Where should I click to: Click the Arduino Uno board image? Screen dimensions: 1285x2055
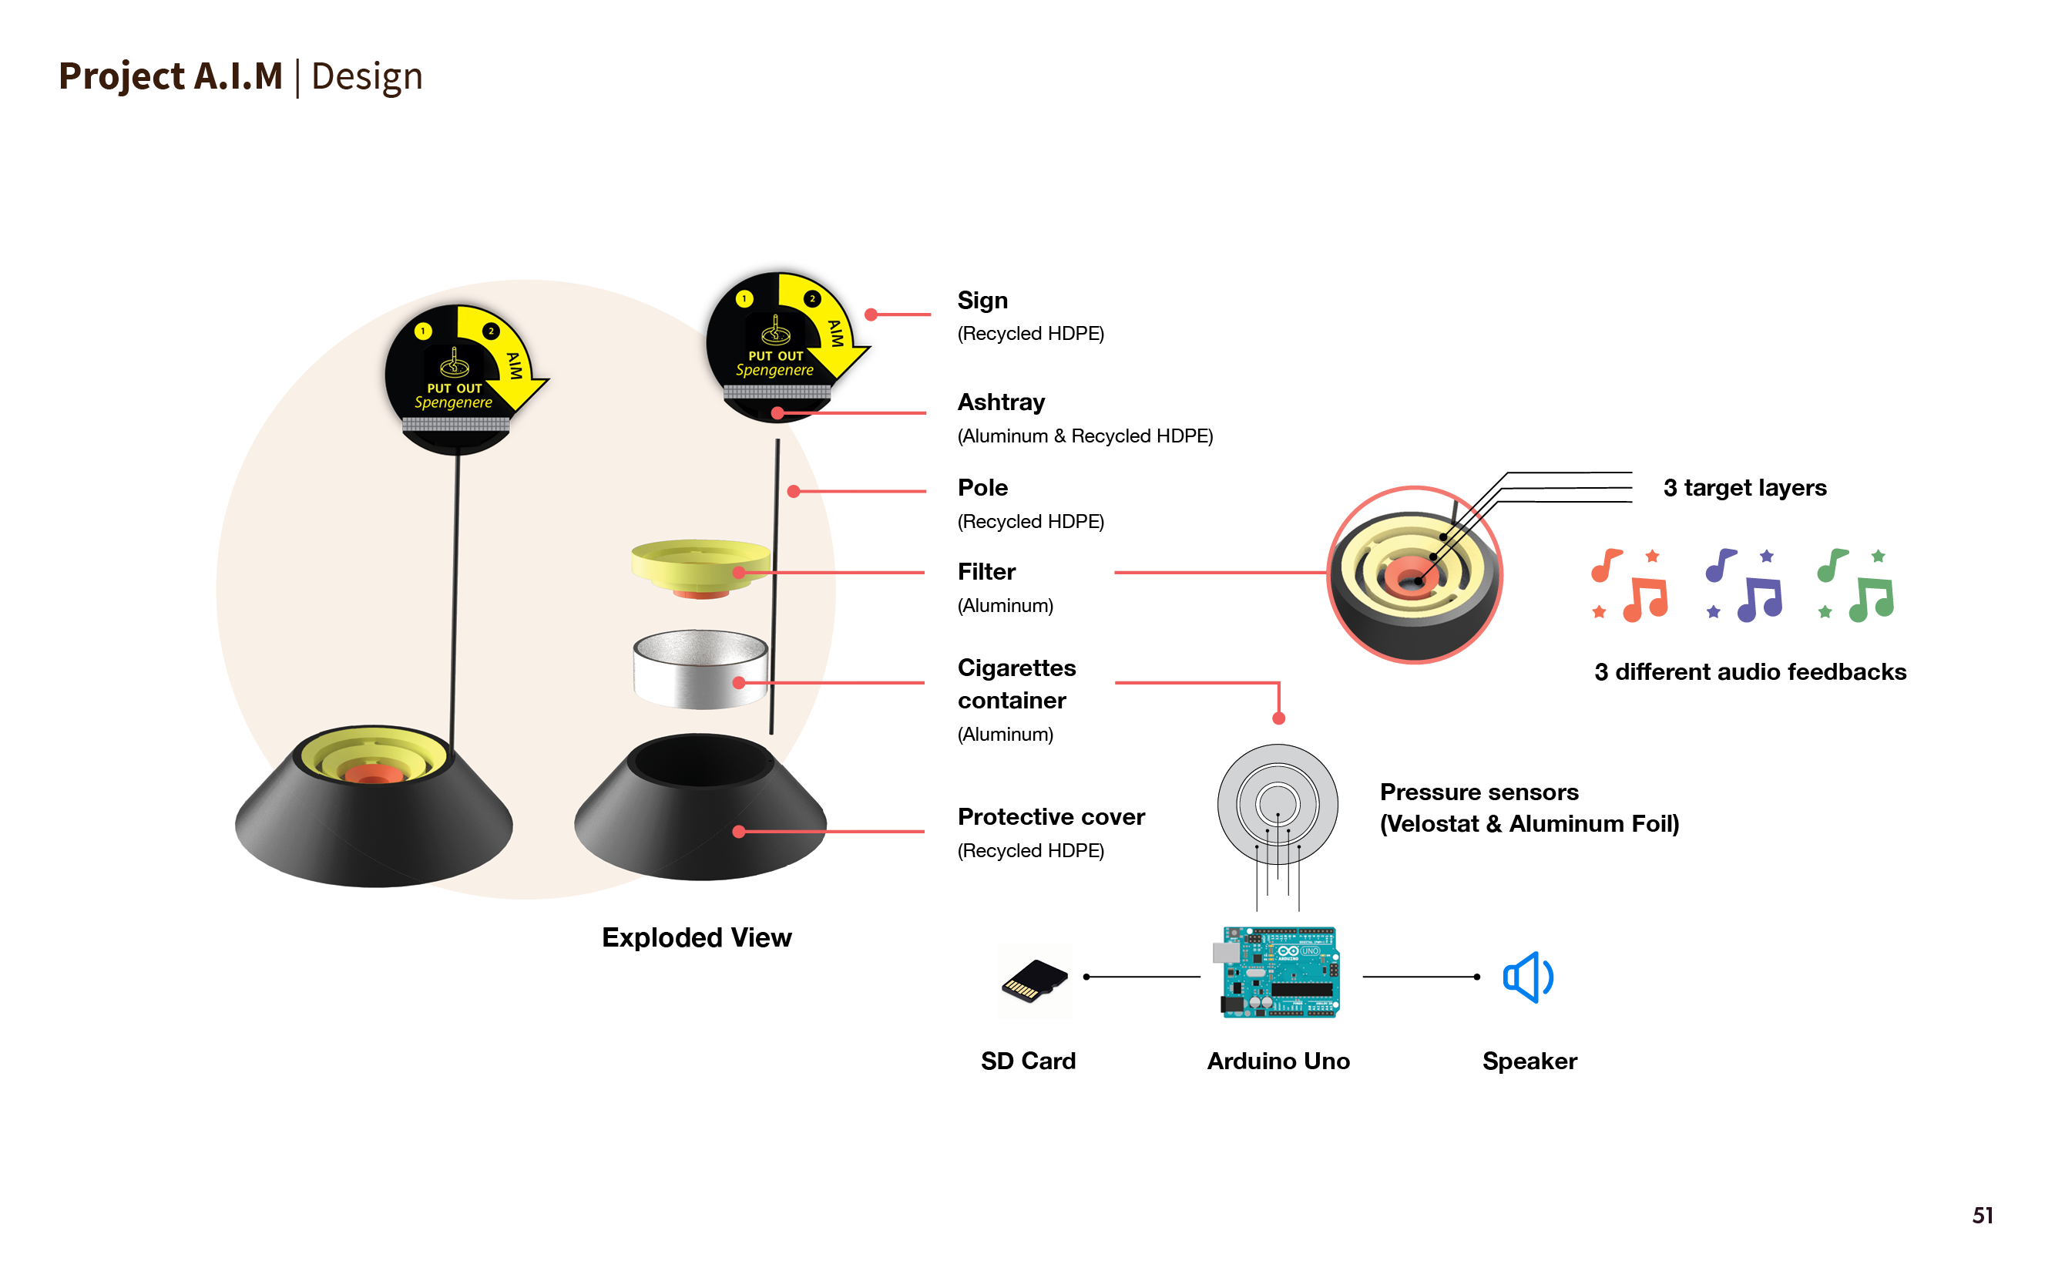click(x=1279, y=972)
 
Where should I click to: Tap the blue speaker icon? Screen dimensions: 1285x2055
click(x=1527, y=977)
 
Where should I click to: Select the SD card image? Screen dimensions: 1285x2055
click(x=1034, y=981)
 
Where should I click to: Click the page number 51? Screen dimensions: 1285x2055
click(x=1982, y=1216)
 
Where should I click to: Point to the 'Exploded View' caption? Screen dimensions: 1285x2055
click(x=697, y=937)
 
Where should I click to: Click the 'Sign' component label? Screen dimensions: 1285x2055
click(x=982, y=301)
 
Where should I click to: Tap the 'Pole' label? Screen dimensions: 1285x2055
click(x=982, y=488)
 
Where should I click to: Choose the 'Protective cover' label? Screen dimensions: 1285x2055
click(x=1051, y=817)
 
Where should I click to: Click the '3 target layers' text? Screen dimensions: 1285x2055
click(x=1744, y=488)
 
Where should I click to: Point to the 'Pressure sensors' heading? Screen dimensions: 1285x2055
click(x=1479, y=792)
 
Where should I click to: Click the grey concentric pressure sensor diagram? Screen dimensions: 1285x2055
click(x=1277, y=803)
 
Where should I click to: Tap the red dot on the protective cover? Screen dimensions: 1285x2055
click(x=739, y=832)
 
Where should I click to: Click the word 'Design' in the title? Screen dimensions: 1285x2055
click(x=366, y=76)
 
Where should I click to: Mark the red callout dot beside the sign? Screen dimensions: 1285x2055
click(x=871, y=315)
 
